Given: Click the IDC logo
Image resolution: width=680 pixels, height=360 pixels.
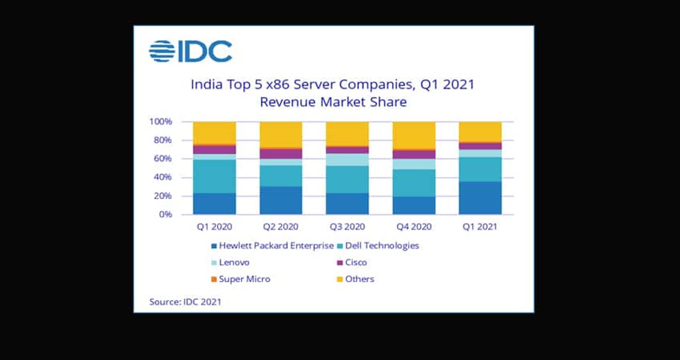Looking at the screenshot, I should [x=190, y=52].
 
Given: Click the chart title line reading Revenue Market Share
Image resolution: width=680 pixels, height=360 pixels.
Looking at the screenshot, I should [x=333, y=103].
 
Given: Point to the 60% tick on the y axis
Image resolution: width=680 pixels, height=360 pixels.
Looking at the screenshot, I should [x=162, y=159].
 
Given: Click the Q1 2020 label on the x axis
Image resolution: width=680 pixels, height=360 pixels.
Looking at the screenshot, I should [x=215, y=227].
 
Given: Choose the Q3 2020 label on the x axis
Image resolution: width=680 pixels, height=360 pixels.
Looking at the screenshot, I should [x=347, y=227].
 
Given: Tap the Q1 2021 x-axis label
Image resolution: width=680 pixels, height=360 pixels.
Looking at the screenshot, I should [x=479, y=227].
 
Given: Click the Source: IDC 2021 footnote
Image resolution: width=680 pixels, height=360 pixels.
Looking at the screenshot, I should [x=185, y=302].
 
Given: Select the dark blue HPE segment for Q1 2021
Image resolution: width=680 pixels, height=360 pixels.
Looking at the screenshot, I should [x=480, y=198].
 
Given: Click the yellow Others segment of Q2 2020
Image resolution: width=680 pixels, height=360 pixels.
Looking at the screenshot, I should [x=281, y=134].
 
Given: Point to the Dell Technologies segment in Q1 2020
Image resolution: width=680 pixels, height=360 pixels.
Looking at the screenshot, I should [x=215, y=176].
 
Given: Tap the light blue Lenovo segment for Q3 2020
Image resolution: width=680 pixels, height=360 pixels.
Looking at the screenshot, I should [x=347, y=159].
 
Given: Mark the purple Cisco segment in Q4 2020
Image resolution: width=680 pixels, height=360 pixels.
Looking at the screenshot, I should [x=414, y=154].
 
